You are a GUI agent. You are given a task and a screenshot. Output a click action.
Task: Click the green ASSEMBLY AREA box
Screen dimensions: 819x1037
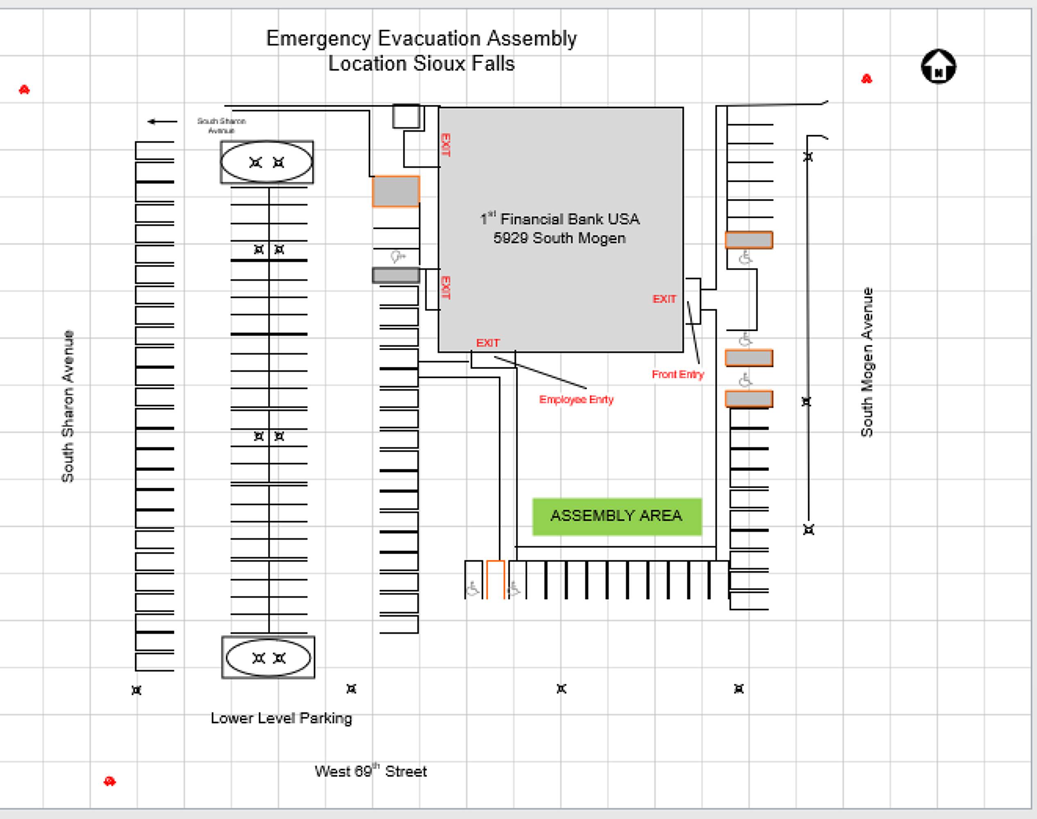click(x=617, y=516)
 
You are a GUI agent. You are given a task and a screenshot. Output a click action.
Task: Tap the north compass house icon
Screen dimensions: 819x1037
click(x=938, y=67)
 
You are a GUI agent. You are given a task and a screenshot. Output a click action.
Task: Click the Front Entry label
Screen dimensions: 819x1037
click(x=678, y=375)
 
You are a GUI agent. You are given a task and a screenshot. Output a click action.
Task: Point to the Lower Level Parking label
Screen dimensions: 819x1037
click(x=281, y=718)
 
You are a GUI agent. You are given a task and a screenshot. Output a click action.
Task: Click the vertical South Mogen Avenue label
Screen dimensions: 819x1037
click(x=867, y=362)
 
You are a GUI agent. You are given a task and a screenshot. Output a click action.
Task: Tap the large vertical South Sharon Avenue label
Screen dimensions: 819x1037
click(x=68, y=406)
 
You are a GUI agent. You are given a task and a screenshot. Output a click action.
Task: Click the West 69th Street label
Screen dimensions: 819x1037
click(x=370, y=771)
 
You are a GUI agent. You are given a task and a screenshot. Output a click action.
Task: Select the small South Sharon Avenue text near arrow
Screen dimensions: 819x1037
click(x=221, y=126)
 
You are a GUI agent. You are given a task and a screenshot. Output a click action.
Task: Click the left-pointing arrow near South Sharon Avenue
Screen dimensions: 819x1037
click(x=162, y=121)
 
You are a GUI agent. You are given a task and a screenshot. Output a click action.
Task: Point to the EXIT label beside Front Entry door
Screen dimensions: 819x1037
click(x=664, y=299)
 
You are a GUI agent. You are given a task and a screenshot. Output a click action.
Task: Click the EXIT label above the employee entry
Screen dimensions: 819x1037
click(x=488, y=343)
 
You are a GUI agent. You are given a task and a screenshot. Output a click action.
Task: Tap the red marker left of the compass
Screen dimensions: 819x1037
click(x=866, y=79)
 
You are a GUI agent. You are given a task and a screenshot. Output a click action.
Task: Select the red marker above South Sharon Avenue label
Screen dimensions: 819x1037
click(x=25, y=90)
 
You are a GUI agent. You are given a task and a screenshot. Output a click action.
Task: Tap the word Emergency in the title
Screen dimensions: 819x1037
click(x=319, y=39)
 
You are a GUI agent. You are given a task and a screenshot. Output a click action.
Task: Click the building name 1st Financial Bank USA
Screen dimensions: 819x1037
click(x=560, y=219)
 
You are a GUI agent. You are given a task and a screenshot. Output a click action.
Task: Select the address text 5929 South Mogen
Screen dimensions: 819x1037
click(x=560, y=238)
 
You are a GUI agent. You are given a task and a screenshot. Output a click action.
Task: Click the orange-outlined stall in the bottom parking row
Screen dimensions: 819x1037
click(x=495, y=579)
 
